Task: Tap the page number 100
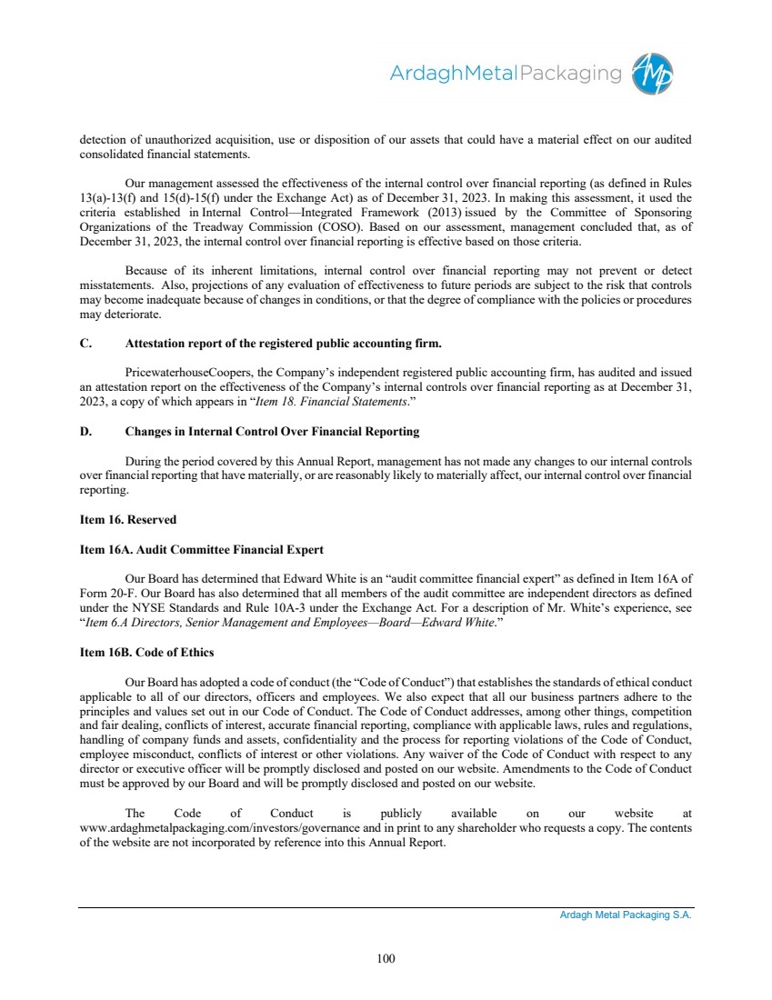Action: coord(386,957)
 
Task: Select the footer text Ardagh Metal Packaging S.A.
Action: coord(625,915)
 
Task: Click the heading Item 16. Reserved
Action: coord(128,520)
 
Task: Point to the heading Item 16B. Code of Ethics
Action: coord(146,653)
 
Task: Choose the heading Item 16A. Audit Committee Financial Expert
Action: coord(202,550)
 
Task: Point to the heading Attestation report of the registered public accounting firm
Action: coord(283,343)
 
